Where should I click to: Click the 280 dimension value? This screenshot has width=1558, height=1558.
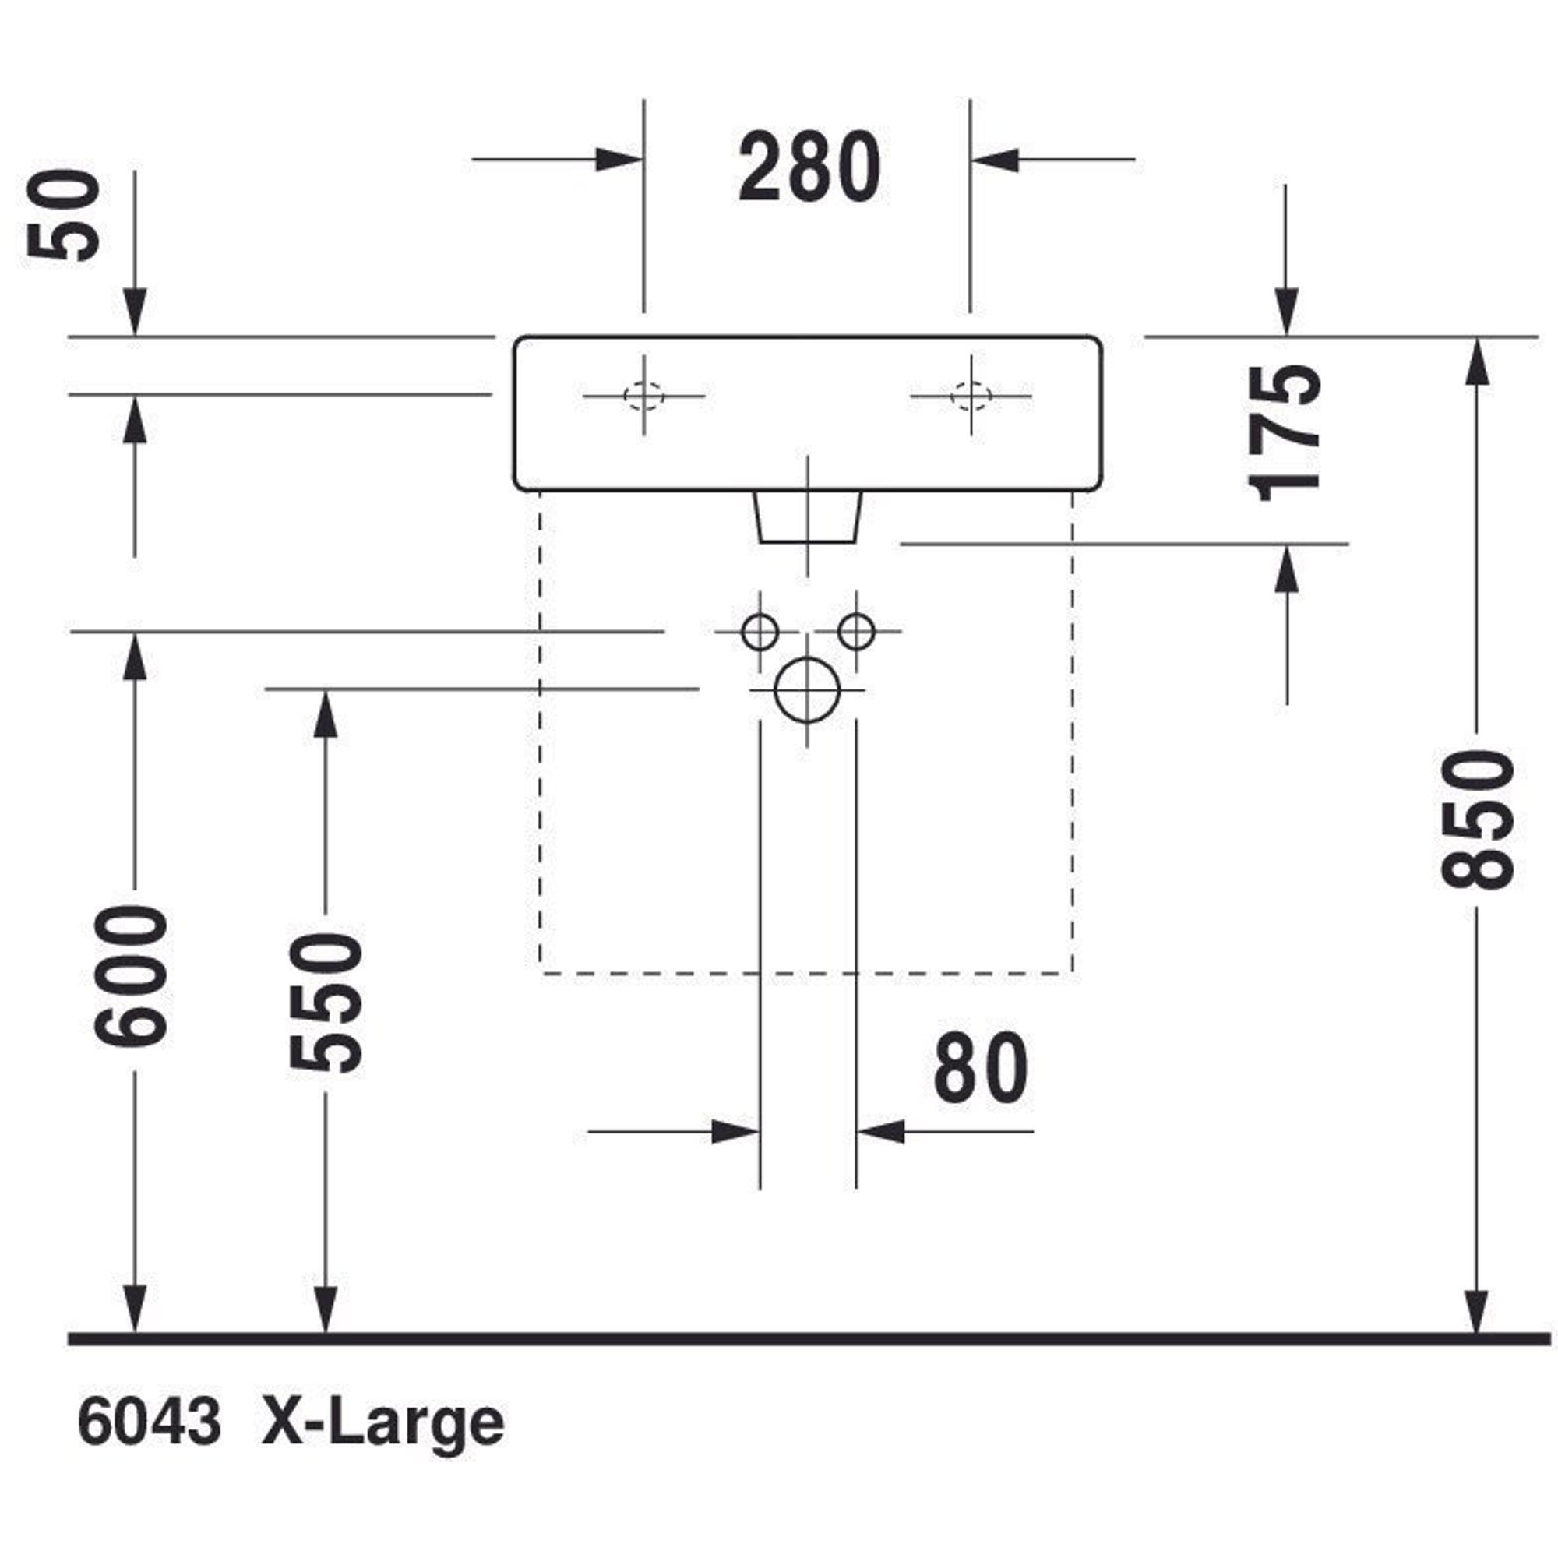click(x=809, y=167)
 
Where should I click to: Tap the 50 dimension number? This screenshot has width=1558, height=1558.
click(x=65, y=216)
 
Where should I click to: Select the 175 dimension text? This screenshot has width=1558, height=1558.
click(x=1284, y=433)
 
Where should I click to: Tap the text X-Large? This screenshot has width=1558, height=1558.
click(x=383, y=1423)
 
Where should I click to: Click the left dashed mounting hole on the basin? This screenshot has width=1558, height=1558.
click(x=643, y=396)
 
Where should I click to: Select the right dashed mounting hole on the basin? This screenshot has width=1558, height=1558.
click(x=971, y=396)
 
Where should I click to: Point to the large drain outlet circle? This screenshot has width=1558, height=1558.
click(x=807, y=690)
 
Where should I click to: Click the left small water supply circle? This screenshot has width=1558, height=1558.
click(x=760, y=632)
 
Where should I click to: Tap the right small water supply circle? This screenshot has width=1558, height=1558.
click(x=856, y=632)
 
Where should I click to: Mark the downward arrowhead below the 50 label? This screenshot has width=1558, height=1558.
click(x=135, y=312)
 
